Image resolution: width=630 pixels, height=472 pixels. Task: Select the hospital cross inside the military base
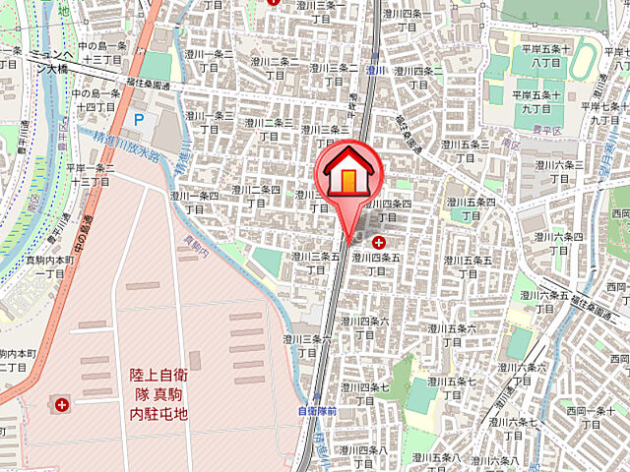click(x=64, y=403)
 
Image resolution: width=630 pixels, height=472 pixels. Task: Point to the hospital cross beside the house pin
click(x=379, y=239)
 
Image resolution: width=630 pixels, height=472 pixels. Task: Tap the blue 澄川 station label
click(x=374, y=71)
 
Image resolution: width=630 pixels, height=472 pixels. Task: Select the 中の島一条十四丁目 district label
click(x=95, y=99)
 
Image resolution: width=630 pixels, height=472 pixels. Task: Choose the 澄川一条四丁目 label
click(x=194, y=202)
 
